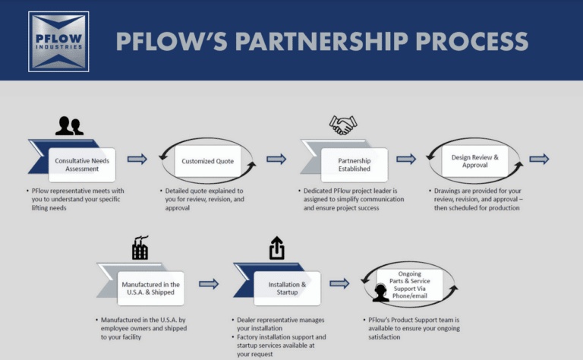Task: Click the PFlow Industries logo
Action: pos(58,42)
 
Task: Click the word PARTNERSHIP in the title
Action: pos(322,41)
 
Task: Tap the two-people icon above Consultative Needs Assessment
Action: pos(70,126)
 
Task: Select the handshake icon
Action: pos(343,125)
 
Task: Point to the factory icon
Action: pos(140,248)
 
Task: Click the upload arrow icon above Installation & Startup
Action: pos(277,248)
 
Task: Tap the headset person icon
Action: pos(381,292)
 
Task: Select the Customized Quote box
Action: pos(208,161)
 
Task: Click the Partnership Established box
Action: pos(355,165)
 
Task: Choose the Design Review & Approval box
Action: pos(474,161)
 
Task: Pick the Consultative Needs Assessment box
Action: pos(82,165)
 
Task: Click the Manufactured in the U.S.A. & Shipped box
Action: pos(150,288)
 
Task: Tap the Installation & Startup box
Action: pos(287,288)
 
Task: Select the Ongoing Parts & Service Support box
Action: pos(410,285)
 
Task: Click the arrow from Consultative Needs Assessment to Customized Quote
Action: pos(137,159)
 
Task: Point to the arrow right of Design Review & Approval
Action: pos(540,159)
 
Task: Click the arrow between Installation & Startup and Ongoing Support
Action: pos(339,284)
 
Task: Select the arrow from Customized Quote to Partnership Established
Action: pos(276,159)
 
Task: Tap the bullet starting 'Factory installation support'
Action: pos(279,346)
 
